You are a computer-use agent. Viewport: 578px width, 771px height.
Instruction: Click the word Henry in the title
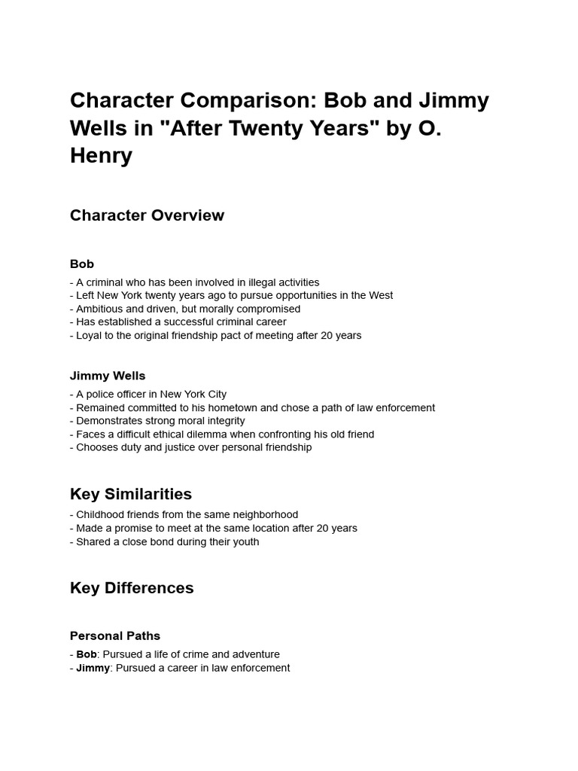pyautogui.click(x=101, y=156)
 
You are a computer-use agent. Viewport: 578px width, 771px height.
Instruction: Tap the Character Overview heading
pyautogui.click(x=147, y=215)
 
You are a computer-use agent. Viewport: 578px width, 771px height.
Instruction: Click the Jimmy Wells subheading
pyautogui.click(x=108, y=376)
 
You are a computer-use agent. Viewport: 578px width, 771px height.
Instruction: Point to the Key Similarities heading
pyautogui.click(x=131, y=494)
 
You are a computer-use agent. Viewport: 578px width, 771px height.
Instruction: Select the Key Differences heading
pyautogui.click(x=132, y=588)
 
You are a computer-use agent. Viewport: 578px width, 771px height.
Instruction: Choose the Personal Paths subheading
pyautogui.click(x=115, y=636)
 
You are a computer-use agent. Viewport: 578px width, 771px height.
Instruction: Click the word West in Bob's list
pyautogui.click(x=381, y=295)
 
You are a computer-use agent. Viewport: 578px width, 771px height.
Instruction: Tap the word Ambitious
pyautogui.click(x=101, y=309)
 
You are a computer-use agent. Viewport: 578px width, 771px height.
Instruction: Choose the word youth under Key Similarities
pyautogui.click(x=245, y=541)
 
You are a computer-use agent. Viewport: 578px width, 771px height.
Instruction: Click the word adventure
pyautogui.click(x=254, y=654)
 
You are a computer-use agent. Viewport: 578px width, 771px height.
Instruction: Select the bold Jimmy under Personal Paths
pyautogui.click(x=93, y=668)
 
